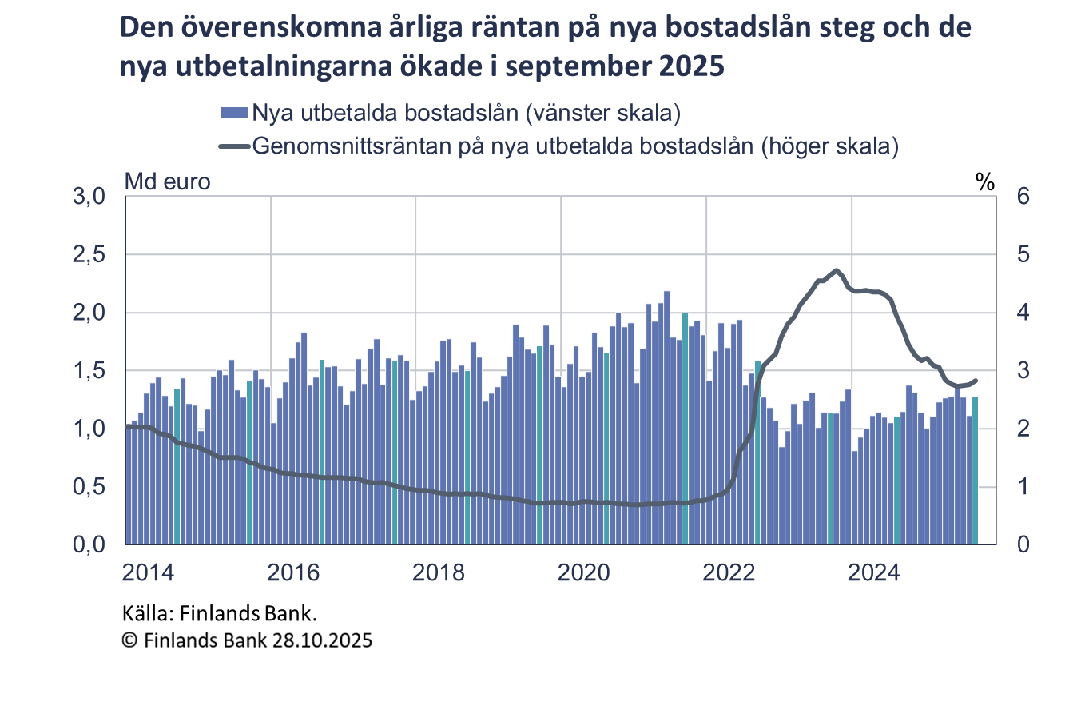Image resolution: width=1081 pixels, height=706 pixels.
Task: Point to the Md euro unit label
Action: (x=167, y=181)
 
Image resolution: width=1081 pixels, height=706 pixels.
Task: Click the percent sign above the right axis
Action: (x=984, y=182)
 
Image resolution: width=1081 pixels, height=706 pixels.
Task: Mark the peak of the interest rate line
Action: (x=836, y=270)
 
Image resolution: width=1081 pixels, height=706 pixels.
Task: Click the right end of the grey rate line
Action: (x=976, y=381)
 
